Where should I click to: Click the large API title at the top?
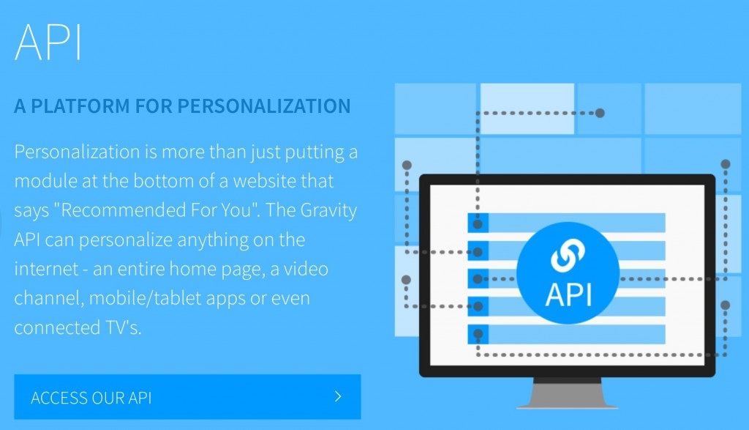pos(48,42)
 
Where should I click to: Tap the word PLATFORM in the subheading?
pos(80,106)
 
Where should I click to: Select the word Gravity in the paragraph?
pos(328,211)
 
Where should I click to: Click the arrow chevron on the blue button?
pos(338,396)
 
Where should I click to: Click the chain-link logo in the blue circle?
pos(568,254)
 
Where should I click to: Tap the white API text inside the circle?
pos(568,294)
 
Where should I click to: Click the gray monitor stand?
pos(567,393)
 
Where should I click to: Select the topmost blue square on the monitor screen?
pos(478,223)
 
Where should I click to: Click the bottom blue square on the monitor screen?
pos(478,334)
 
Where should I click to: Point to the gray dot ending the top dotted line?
pos(600,113)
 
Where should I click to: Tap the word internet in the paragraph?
pos(46,269)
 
